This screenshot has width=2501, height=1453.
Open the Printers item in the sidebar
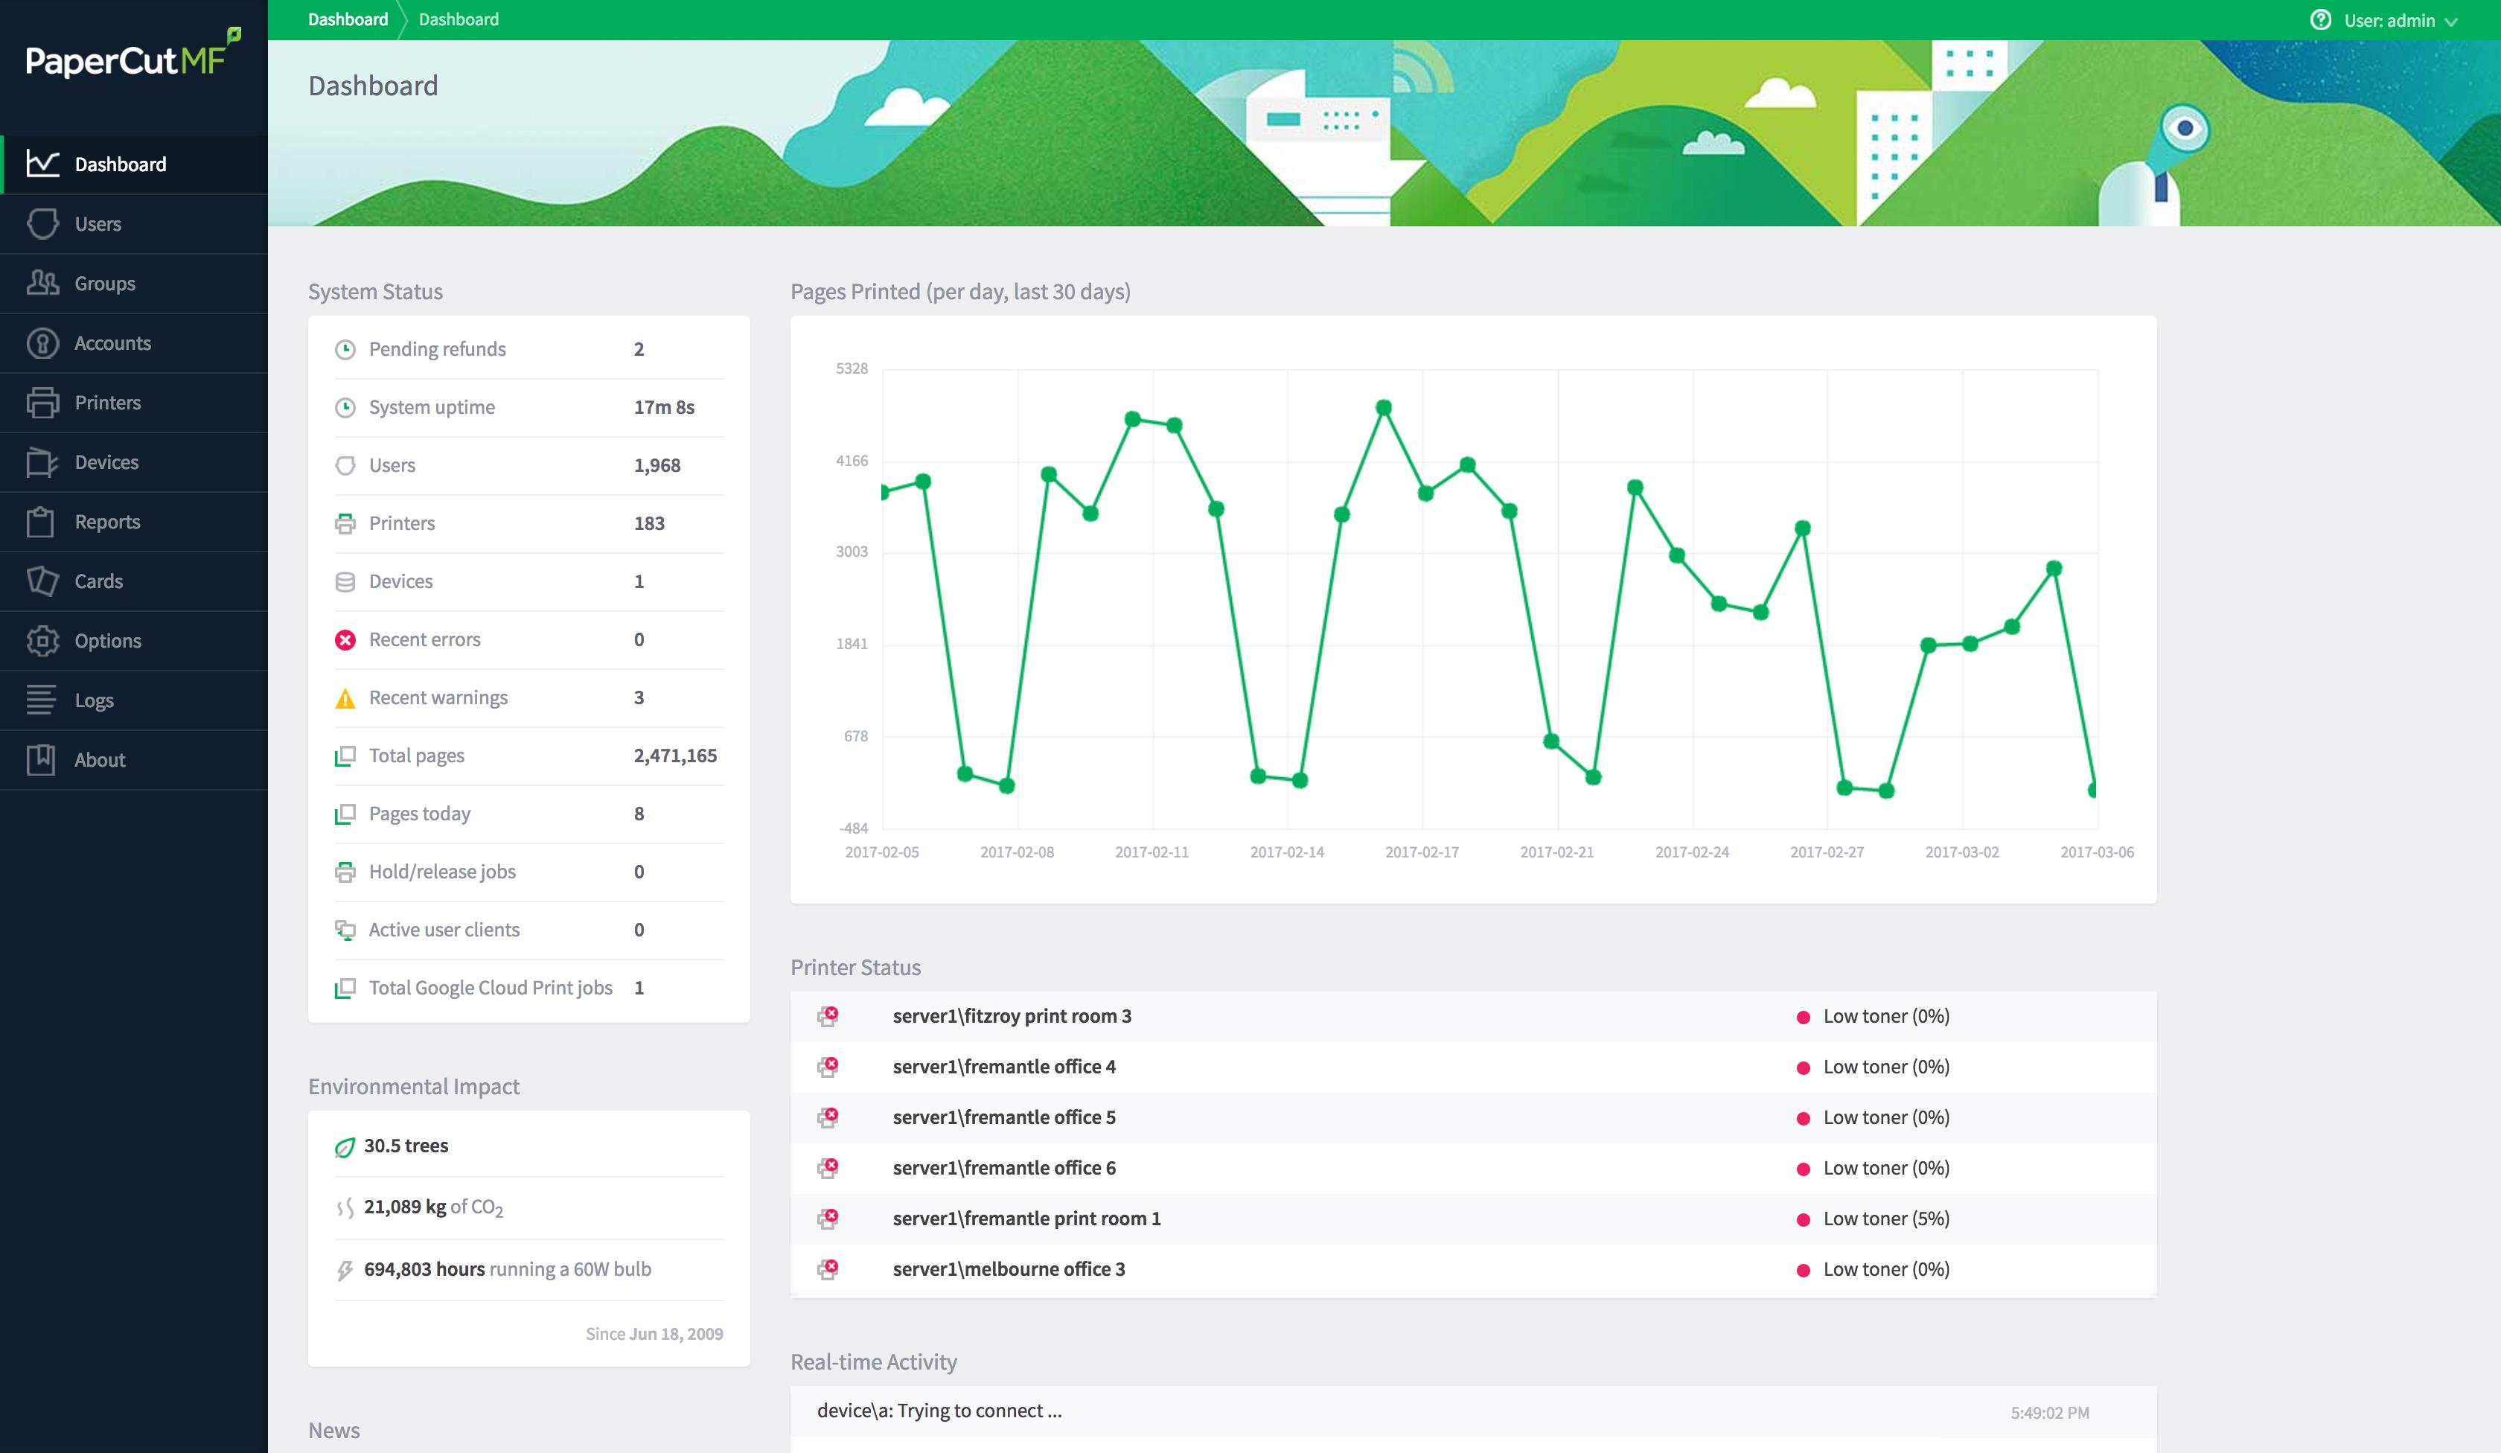tap(107, 403)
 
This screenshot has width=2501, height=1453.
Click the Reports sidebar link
tap(107, 522)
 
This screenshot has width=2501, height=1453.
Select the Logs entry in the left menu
tap(95, 700)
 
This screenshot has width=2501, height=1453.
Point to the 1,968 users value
tap(657, 465)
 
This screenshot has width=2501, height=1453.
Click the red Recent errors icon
tap(345, 640)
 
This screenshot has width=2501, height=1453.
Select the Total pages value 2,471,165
tap(675, 756)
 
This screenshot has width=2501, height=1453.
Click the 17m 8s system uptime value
tap(664, 408)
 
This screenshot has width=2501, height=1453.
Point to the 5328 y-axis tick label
tap(852, 369)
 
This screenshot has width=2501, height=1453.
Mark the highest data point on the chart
tap(1384, 408)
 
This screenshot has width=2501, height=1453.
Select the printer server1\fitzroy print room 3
tap(1012, 1016)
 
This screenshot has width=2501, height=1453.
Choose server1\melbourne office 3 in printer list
tap(1009, 1269)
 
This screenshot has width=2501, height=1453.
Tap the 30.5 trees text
tap(406, 1146)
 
